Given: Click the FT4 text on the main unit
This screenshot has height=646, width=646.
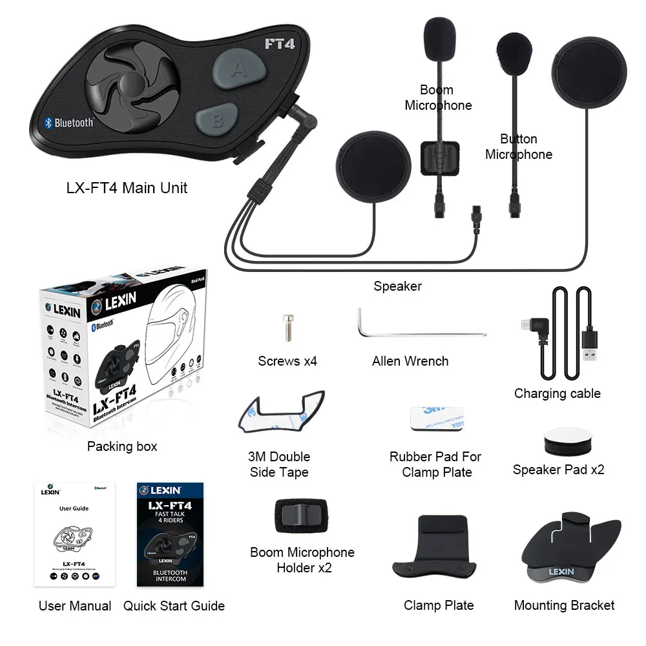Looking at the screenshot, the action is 280,45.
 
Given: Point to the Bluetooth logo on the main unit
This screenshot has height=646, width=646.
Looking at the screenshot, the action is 48,123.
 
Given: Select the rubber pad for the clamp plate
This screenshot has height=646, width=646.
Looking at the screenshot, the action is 437,421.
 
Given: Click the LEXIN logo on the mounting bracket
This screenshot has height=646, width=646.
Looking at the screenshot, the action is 561,571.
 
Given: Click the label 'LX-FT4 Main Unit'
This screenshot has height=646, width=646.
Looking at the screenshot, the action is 127,188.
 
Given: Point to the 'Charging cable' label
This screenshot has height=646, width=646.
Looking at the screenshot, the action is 557,393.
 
